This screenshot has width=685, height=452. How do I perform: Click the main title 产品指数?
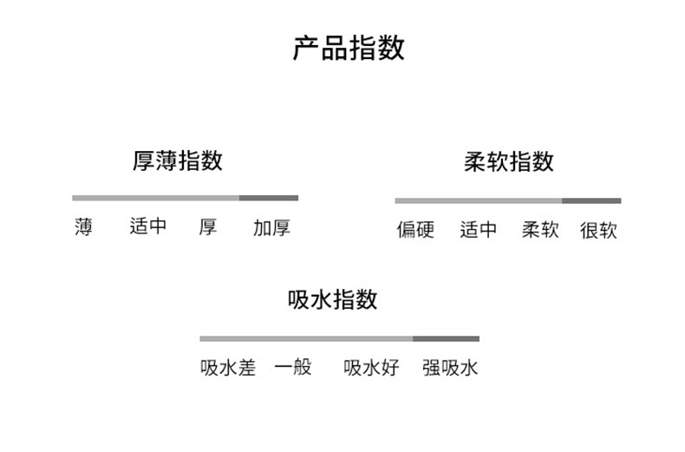(349, 48)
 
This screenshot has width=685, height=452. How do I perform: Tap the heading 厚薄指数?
(178, 161)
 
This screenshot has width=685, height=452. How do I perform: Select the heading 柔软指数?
(509, 162)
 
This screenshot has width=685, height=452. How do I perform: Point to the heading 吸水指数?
(332, 300)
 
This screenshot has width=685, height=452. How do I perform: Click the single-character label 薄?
(83, 228)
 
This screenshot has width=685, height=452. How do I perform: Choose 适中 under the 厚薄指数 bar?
(147, 228)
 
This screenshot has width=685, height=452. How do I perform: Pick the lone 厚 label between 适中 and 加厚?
(208, 228)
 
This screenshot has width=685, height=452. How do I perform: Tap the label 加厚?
(271, 228)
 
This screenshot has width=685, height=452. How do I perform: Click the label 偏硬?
(415, 231)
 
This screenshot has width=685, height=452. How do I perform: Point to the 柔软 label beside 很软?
(540, 231)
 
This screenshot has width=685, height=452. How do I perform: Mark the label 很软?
(598, 231)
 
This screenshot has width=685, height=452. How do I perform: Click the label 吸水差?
(228, 368)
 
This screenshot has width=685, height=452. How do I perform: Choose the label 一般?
(292, 368)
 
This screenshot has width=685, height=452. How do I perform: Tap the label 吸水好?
(371, 368)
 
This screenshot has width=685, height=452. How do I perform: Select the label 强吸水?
(450, 368)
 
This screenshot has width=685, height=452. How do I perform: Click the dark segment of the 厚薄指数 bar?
(269, 198)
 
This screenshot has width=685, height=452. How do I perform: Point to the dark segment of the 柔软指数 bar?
(591, 200)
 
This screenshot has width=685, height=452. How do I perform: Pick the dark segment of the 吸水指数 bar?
(446, 338)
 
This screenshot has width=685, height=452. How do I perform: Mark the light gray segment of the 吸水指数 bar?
(306, 338)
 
